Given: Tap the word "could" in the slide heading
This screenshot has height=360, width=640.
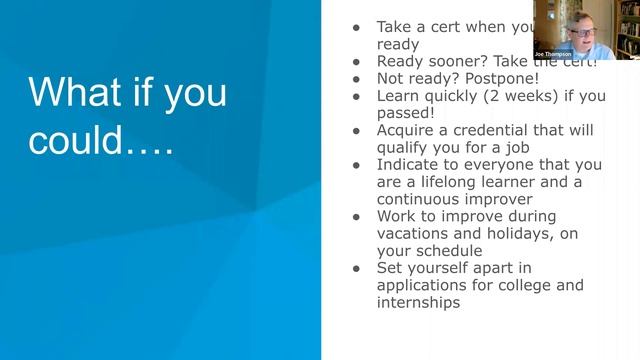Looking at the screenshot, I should click(76, 141).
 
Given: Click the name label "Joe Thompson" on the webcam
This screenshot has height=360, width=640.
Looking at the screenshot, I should click(553, 54).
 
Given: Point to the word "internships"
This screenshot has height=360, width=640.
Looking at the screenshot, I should click(418, 303).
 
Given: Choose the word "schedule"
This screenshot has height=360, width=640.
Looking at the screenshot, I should click(450, 251).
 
